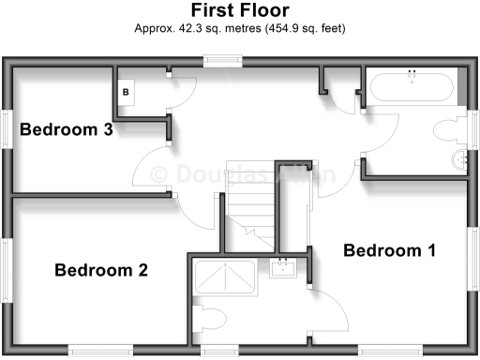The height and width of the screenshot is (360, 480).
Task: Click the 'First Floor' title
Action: tap(240, 10)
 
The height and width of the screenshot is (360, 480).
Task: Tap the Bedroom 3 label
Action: tap(67, 130)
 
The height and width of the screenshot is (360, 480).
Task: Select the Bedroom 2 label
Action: tap(101, 271)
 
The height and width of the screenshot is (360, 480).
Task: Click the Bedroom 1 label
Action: tap(389, 250)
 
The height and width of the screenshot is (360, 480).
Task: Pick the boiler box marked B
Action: tap(127, 92)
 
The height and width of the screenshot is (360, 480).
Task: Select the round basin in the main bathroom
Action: tap(459, 158)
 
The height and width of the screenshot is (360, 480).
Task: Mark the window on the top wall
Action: tap(222, 63)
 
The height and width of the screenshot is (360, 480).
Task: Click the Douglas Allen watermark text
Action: tap(240, 174)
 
